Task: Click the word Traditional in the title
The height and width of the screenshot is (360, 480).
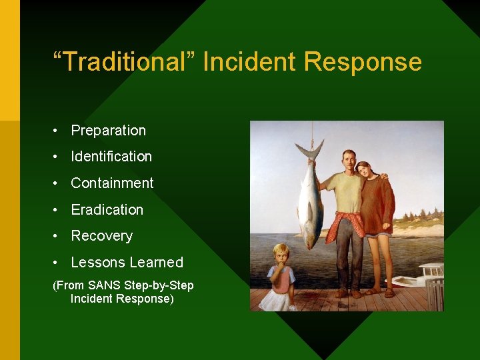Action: coord(124,62)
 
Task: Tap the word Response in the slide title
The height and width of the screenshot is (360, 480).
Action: coord(363,62)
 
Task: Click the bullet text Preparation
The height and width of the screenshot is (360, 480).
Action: coord(108,131)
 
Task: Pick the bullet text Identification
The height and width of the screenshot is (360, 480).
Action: coord(111,157)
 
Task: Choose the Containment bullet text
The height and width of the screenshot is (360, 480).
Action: coord(112,183)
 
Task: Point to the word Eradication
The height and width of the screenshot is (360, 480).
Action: coord(107,210)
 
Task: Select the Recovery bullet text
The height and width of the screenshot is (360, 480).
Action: coord(101,236)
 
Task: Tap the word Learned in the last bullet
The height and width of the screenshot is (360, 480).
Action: coord(155,263)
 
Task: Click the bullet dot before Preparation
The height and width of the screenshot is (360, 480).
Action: coord(58,131)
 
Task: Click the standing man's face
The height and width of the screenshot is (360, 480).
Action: coord(349,161)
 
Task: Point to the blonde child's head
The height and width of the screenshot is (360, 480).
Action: coord(281,254)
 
